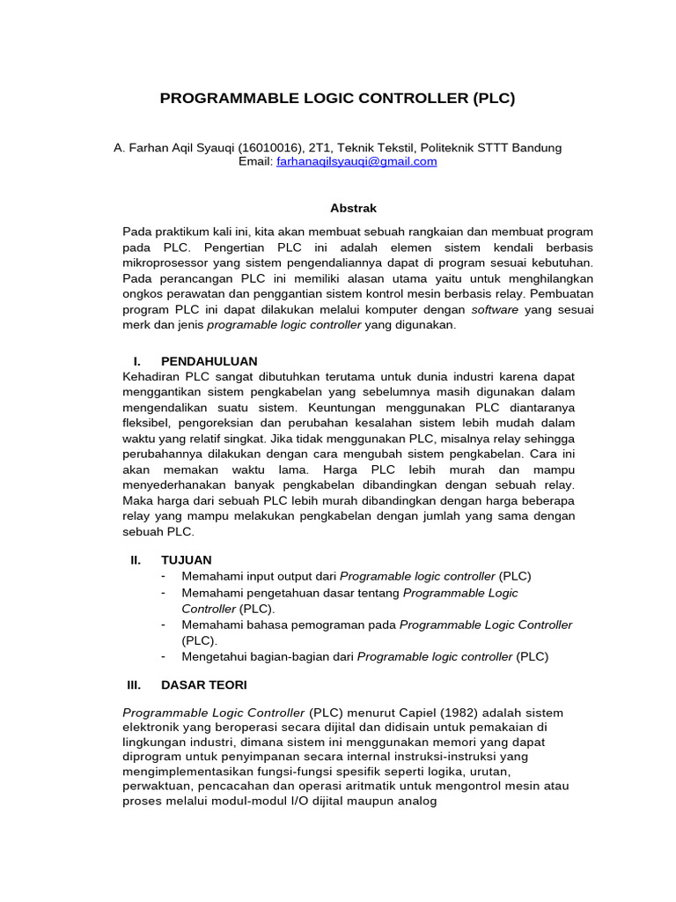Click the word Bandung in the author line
tap(536, 147)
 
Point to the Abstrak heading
tap(353, 209)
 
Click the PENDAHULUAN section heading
tap(209, 361)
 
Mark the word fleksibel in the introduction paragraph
tap(147, 424)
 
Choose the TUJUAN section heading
tap(187, 559)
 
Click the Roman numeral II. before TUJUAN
tap(136, 559)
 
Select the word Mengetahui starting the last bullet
tap(216, 656)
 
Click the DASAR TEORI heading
tap(204, 684)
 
